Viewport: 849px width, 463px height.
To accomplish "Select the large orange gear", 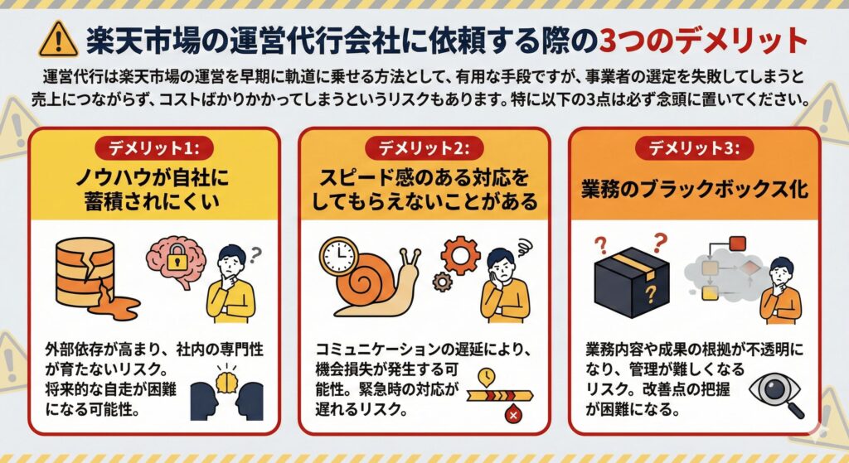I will point(461,254).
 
